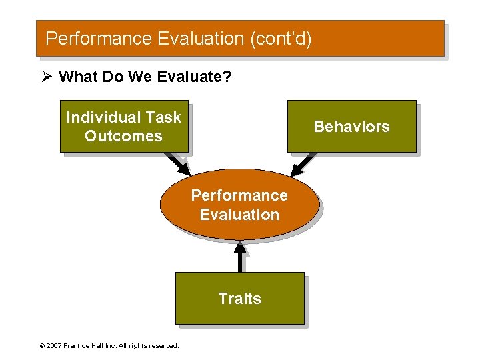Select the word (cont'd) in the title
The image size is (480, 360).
tap(281, 39)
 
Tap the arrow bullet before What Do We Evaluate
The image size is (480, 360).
tap(47, 77)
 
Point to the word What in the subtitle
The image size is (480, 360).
tap(76, 77)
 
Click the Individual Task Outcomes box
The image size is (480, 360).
tap(123, 127)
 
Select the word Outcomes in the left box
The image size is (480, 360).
tap(123, 136)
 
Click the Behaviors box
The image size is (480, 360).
tap(351, 127)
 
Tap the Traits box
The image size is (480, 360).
tap(239, 298)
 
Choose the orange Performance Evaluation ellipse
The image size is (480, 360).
tap(239, 203)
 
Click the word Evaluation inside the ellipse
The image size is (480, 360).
tap(239, 215)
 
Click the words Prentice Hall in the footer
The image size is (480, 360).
tap(87, 346)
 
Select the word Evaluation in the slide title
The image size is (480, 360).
tap(201, 39)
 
